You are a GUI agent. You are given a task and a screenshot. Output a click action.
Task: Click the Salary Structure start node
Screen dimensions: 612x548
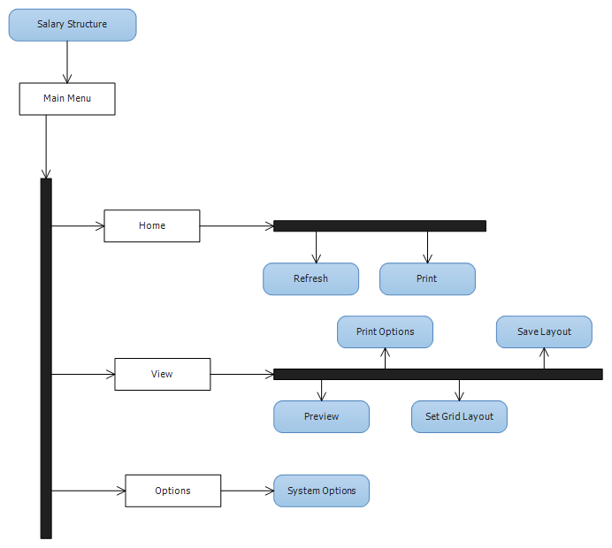click(73, 25)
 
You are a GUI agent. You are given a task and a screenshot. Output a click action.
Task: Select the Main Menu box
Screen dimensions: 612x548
click(67, 99)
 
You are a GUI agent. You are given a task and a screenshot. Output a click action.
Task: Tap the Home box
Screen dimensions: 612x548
click(152, 226)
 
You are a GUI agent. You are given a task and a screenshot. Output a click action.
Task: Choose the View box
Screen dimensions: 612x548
click(163, 374)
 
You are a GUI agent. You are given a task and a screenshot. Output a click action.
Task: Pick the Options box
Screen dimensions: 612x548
click(173, 491)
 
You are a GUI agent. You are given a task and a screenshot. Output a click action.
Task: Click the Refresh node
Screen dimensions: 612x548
click(310, 279)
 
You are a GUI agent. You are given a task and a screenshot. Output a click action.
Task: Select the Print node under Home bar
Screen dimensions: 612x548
click(427, 279)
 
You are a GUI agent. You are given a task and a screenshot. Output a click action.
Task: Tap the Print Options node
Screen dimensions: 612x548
click(386, 332)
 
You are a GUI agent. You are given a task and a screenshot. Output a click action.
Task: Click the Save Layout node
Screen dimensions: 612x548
click(544, 332)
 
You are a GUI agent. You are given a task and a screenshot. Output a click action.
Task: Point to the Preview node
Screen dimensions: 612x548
click(321, 416)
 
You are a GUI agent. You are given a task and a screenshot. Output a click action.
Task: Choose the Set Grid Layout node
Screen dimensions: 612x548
click(459, 416)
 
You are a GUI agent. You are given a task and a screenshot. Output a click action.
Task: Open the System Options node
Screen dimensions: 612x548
click(321, 491)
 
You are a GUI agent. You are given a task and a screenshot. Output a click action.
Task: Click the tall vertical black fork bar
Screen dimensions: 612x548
click(46, 359)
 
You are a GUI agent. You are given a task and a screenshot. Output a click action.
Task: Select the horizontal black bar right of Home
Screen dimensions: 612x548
click(379, 226)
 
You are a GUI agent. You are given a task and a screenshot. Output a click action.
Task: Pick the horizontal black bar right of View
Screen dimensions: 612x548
click(438, 374)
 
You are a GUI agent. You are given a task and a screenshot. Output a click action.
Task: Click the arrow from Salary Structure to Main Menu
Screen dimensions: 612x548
click(67, 62)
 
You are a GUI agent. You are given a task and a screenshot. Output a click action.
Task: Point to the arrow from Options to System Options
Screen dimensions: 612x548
click(248, 491)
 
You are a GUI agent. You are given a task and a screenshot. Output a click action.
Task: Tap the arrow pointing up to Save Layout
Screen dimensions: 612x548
click(544, 358)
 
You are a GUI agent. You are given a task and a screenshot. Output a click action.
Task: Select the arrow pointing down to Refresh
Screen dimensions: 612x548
click(316, 247)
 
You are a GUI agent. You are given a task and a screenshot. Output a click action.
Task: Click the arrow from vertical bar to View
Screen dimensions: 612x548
click(83, 375)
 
